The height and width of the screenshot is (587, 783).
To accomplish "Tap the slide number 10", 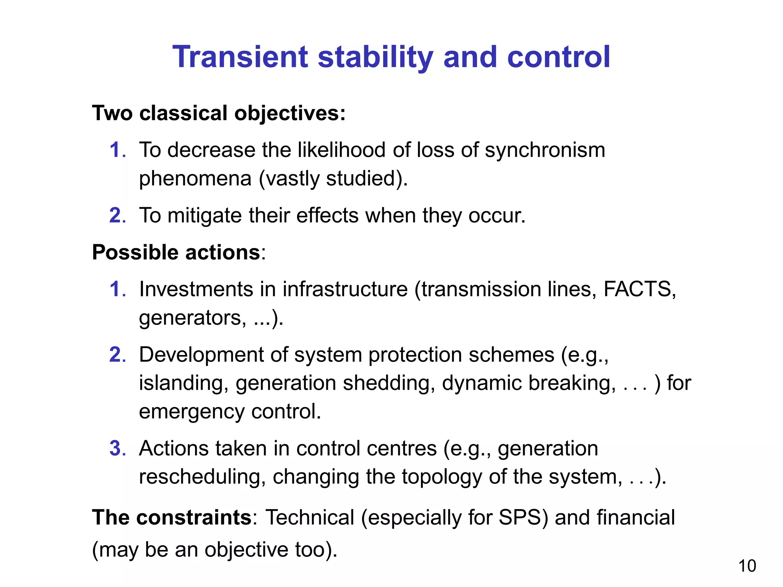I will [x=747, y=566].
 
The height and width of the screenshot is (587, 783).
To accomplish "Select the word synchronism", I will [x=545, y=150].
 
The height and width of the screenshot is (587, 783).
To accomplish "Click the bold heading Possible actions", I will [x=176, y=253].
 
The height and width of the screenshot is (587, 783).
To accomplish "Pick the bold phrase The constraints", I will [x=172, y=517].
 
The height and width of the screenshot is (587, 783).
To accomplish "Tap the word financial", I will [x=635, y=517].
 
